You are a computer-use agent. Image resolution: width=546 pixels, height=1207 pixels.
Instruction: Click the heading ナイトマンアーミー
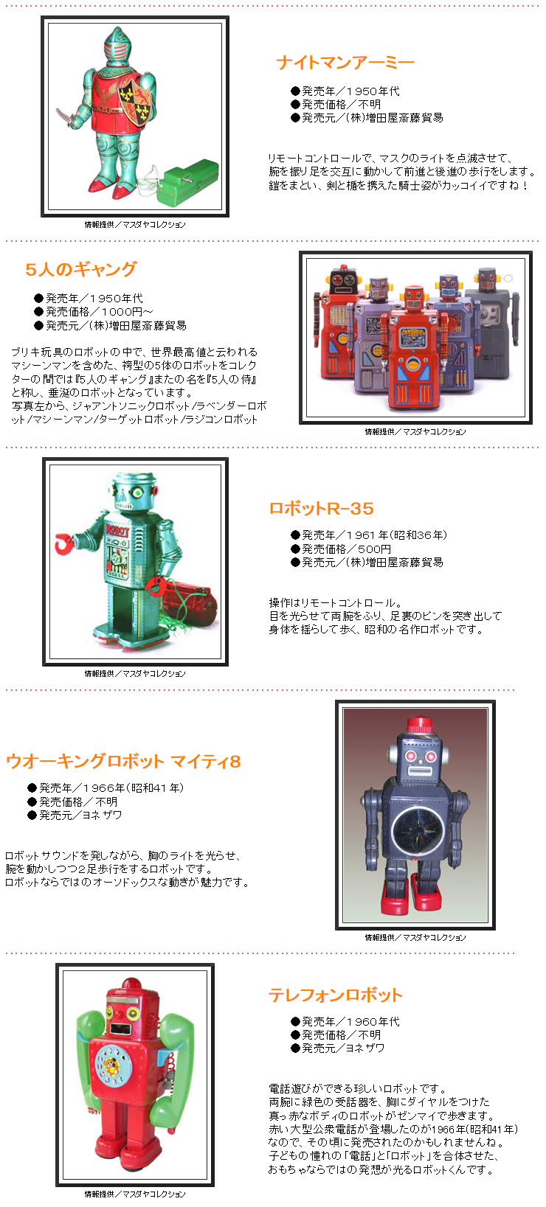click(x=345, y=63)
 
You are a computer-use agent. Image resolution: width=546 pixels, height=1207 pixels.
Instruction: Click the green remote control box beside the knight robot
click(x=190, y=181)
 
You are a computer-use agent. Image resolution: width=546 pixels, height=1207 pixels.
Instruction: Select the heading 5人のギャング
click(x=81, y=269)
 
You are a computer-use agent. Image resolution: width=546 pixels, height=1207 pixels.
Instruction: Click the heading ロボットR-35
click(x=321, y=508)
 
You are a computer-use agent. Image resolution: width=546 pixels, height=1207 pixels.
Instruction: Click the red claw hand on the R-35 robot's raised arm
click(x=65, y=545)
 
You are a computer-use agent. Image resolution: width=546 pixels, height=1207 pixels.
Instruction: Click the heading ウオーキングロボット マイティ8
click(x=123, y=762)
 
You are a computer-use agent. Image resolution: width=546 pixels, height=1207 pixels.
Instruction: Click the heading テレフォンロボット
click(x=335, y=995)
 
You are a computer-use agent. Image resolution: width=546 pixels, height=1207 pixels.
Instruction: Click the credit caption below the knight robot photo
click(x=134, y=225)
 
